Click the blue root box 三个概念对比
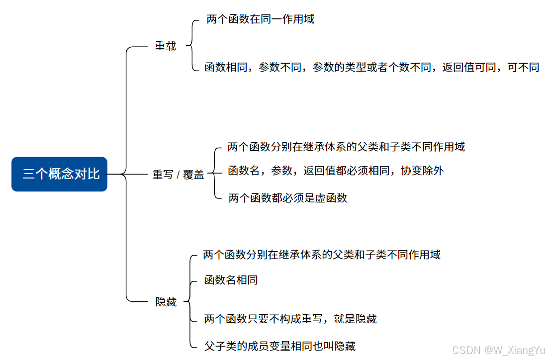[60, 174]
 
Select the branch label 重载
[166, 46]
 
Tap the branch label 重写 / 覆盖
[178, 175]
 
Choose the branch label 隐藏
[166, 302]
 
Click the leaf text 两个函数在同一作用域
[260, 19]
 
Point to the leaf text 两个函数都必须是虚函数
[287, 198]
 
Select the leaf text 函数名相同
[231, 280]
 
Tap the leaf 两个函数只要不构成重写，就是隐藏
[290, 319]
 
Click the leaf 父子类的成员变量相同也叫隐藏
[279, 346]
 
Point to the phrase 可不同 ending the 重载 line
[523, 67]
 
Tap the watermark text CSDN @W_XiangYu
[498, 351]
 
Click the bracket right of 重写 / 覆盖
[214, 174]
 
